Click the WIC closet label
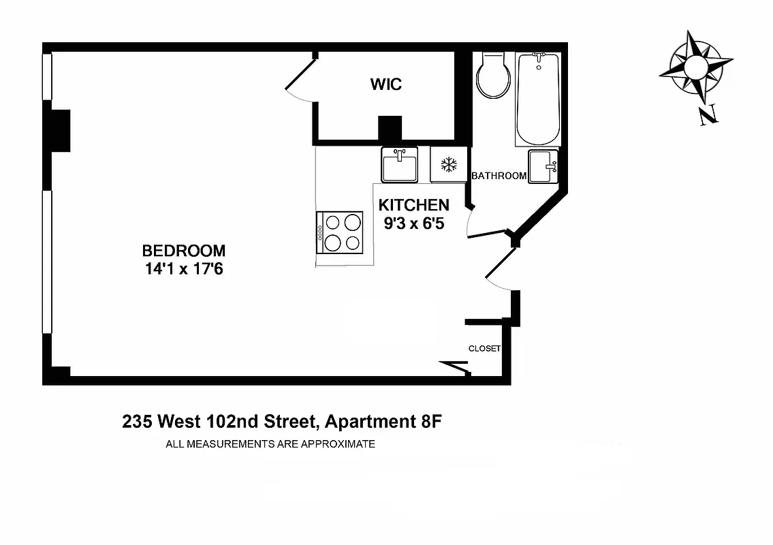385,84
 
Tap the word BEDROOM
183,250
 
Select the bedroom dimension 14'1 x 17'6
184,269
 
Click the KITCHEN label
413,205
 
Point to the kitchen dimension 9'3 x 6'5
414,223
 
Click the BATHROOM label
499,176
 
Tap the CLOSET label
484,349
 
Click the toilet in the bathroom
494,76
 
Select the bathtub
538,99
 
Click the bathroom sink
543,166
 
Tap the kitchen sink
399,165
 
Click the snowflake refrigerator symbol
448,164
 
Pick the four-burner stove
343,232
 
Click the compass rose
695,67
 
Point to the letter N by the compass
708,116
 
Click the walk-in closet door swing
300,82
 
